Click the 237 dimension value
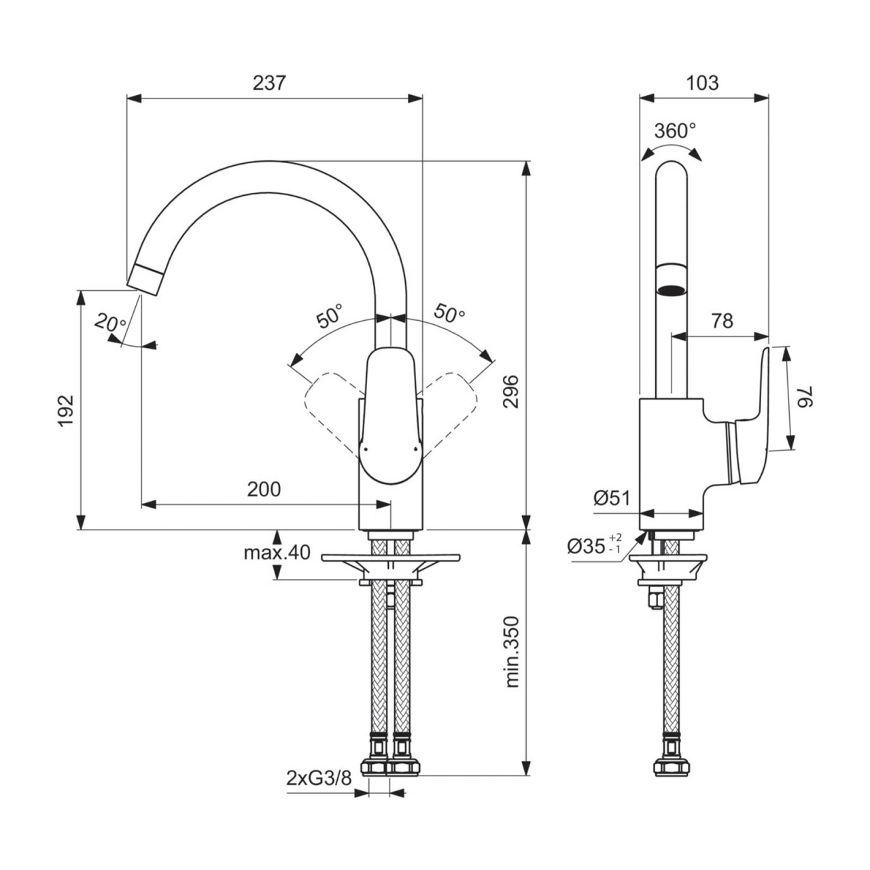[x=269, y=84]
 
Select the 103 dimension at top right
[x=702, y=83]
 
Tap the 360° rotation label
[x=675, y=131]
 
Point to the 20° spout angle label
[x=111, y=324]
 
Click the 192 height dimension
[x=66, y=411]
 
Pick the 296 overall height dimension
[x=511, y=391]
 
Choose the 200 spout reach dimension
[x=264, y=489]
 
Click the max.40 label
[x=277, y=553]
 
